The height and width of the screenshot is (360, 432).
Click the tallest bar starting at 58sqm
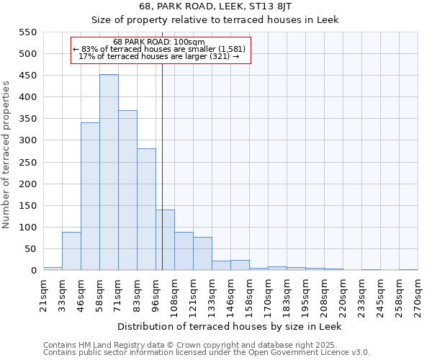[109, 173]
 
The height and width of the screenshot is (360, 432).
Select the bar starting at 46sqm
[90, 197]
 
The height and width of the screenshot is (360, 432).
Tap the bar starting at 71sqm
[127, 191]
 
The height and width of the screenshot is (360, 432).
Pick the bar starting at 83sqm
[146, 210]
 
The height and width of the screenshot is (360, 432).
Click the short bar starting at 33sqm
[71, 251]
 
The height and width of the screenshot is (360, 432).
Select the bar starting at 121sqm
[202, 253]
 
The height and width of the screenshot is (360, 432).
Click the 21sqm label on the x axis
[43, 295]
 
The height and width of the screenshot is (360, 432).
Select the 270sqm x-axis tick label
[418, 295]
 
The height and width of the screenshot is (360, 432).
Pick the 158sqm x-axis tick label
[249, 295]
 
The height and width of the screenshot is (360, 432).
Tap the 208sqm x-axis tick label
[324, 295]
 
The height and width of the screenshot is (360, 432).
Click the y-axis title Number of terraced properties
[7, 155]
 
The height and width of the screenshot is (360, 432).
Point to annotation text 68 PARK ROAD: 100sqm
[159, 42]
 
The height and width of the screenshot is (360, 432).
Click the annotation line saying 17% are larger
[159, 56]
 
